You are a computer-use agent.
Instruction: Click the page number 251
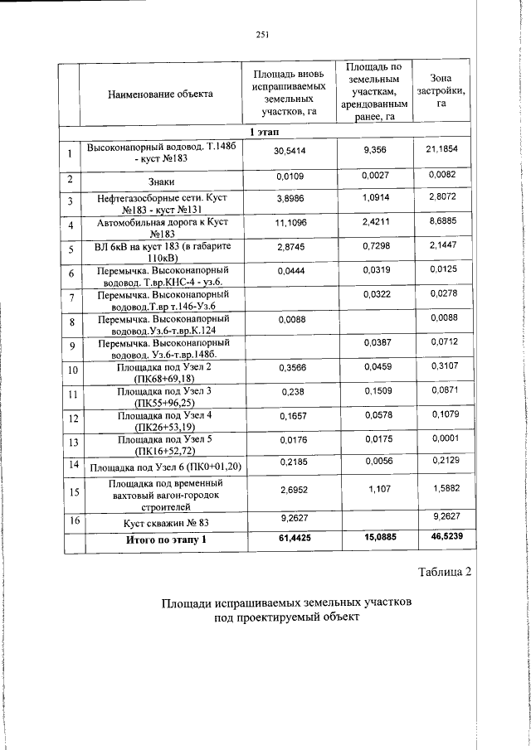tap(265, 34)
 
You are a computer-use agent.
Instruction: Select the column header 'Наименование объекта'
tap(160, 94)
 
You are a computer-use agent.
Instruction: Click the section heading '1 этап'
tap(265, 133)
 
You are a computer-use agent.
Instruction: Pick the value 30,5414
tap(290, 151)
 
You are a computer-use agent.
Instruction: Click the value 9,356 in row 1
tap(376, 150)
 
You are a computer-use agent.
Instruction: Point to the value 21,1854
tap(441, 148)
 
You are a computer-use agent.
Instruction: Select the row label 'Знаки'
tap(160, 181)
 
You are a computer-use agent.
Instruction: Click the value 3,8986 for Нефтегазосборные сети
tap(289, 200)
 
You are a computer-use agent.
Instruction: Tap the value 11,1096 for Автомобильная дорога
tap(289, 225)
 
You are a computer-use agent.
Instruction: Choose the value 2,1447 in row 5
tap(441, 249)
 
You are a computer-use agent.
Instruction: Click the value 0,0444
tap(289, 272)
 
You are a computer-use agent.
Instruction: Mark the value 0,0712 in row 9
tap(441, 341)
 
